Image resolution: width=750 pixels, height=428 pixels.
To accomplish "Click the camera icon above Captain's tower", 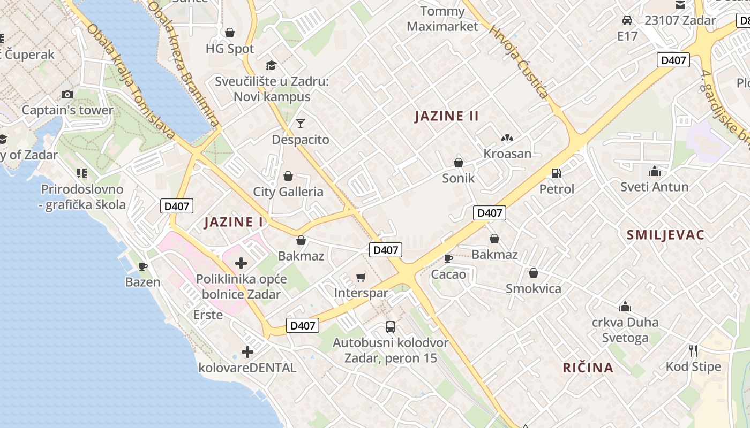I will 67,95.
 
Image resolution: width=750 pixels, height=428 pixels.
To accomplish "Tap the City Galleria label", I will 288,192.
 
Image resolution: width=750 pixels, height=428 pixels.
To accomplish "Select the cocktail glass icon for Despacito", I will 300,124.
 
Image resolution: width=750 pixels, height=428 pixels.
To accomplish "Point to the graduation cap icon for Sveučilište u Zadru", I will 271,66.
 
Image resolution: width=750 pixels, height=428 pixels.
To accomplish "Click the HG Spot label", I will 230,49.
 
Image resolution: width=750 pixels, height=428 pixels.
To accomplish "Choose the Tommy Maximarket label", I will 442,19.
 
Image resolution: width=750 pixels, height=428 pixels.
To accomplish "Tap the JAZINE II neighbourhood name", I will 446,116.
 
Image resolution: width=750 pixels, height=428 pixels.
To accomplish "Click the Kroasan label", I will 507,154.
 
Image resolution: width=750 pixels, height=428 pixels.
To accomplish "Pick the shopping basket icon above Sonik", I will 459,163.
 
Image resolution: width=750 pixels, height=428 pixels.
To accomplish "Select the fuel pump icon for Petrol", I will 557,173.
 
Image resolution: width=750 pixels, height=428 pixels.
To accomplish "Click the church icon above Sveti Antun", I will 654,172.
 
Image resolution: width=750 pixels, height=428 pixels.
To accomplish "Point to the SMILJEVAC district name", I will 665,234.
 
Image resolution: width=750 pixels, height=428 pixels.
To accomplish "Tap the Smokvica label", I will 534,289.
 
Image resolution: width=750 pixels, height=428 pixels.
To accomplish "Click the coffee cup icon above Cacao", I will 448,259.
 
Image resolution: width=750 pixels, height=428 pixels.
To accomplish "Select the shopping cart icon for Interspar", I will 361,277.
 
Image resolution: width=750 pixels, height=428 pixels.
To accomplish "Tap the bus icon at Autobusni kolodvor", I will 391,327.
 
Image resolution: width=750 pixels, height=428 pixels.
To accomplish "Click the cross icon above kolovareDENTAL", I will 247,352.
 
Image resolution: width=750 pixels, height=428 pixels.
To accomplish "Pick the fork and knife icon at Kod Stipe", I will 693,351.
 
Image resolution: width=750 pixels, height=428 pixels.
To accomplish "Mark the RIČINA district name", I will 588,368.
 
